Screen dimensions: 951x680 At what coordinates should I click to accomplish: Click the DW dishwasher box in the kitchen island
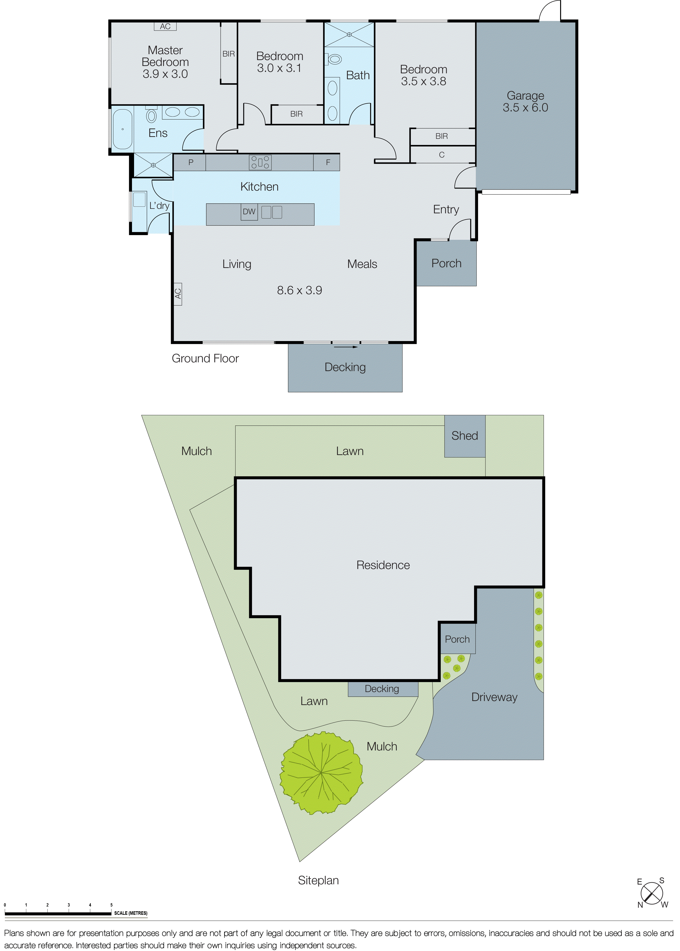click(249, 212)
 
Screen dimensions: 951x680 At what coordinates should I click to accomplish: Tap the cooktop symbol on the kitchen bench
click(260, 162)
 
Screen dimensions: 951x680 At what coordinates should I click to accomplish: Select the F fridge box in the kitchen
click(328, 162)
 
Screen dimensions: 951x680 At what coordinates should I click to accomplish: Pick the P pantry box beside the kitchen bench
click(191, 162)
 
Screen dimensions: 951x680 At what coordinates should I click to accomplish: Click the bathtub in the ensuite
click(122, 129)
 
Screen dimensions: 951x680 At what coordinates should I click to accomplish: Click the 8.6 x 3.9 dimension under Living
click(299, 290)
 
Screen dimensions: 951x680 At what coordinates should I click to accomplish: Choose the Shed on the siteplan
click(464, 436)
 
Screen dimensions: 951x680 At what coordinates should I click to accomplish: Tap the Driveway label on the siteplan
click(494, 697)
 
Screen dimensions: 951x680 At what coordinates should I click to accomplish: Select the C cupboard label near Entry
click(441, 155)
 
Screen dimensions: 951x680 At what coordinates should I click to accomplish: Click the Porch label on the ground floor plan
click(446, 263)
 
